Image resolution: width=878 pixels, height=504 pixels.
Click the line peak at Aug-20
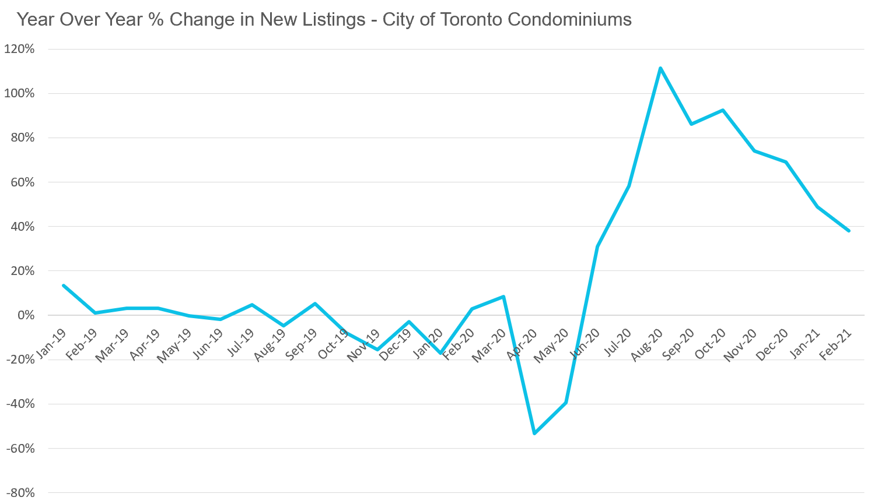(x=660, y=68)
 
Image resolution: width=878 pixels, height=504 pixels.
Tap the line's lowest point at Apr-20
(x=534, y=433)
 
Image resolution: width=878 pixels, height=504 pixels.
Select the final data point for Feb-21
(x=848, y=231)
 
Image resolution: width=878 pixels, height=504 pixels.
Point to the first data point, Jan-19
(x=63, y=286)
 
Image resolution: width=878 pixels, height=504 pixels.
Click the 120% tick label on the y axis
(x=20, y=49)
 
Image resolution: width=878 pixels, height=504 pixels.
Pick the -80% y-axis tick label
(x=20, y=493)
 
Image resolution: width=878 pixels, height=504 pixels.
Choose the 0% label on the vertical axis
(x=26, y=315)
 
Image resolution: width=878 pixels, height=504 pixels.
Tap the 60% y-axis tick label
(x=23, y=182)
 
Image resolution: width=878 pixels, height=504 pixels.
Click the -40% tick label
(x=20, y=404)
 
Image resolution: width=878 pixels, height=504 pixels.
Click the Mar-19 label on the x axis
(x=111, y=346)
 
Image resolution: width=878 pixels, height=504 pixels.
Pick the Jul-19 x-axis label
(x=239, y=344)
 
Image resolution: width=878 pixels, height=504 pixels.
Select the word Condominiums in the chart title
(x=569, y=19)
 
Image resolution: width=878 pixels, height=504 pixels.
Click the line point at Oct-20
(x=723, y=110)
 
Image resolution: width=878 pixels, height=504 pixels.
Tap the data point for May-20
(x=566, y=403)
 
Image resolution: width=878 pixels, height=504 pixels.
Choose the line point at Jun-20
(x=597, y=246)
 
